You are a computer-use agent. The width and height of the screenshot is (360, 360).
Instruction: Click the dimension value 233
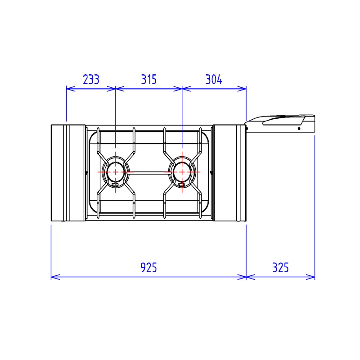(x=91, y=80)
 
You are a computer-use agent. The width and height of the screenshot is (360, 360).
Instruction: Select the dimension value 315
(x=149, y=80)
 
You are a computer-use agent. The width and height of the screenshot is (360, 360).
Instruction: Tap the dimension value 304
(x=214, y=80)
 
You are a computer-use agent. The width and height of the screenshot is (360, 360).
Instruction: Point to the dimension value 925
(x=148, y=267)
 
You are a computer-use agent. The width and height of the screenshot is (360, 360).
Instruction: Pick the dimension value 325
(x=280, y=267)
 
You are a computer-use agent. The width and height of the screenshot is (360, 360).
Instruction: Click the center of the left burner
(x=116, y=172)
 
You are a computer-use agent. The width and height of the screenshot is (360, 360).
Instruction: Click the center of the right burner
(x=182, y=172)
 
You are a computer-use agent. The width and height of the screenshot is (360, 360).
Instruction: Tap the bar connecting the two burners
(x=149, y=173)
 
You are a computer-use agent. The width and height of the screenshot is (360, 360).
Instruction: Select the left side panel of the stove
(x=68, y=173)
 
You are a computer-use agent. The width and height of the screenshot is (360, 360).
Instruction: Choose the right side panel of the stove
(x=229, y=173)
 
